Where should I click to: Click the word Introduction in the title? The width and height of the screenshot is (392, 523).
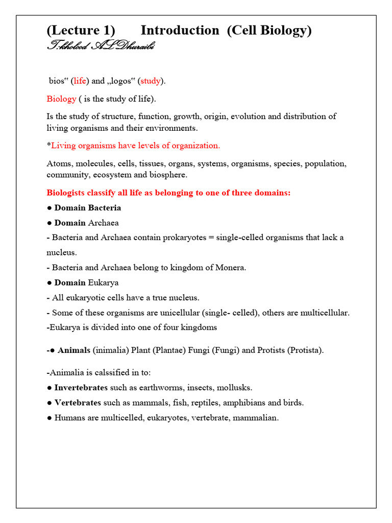coord(180,31)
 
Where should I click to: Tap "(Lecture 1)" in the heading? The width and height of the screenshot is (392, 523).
coord(81,31)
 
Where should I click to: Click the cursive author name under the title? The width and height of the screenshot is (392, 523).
coord(101,46)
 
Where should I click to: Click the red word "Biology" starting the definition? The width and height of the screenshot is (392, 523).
coord(61,99)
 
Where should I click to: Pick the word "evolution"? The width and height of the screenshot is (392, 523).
coord(248,116)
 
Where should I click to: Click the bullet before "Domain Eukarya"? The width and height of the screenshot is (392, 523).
coord(49,282)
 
